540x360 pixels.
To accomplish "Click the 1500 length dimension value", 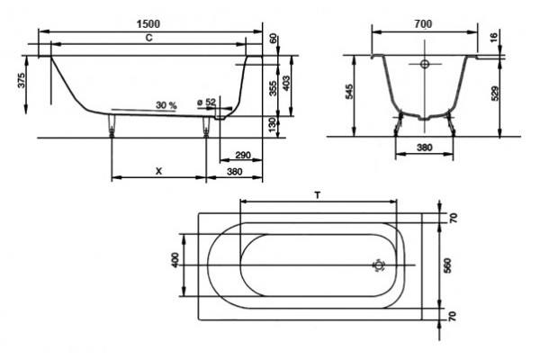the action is [x=148, y=24].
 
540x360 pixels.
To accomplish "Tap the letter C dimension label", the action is [x=148, y=38].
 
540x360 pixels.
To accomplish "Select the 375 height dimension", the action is [x=22, y=80].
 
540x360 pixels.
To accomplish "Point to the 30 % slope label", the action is [x=166, y=105].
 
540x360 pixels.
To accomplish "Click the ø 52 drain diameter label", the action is [x=206, y=102].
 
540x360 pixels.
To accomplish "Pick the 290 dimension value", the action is [x=243, y=155].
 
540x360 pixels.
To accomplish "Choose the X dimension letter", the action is [x=158, y=171].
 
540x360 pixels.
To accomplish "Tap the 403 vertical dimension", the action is [x=286, y=83].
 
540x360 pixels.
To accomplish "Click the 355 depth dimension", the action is [x=273, y=88].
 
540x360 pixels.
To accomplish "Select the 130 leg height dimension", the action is [x=272, y=125].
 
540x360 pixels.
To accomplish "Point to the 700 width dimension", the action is [x=423, y=24].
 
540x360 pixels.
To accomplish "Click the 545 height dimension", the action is [x=349, y=92].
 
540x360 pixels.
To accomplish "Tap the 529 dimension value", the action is [x=494, y=94].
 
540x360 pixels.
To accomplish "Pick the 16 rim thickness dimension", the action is [x=493, y=37].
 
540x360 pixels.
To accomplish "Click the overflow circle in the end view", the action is [x=425, y=64].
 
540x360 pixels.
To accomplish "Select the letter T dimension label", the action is [x=318, y=195].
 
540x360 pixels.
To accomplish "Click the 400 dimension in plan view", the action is [x=175, y=260].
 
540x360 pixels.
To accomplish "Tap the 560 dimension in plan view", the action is [x=447, y=265].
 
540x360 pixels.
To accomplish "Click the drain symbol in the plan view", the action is [x=379, y=265].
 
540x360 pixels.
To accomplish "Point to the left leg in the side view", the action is [x=112, y=126].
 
